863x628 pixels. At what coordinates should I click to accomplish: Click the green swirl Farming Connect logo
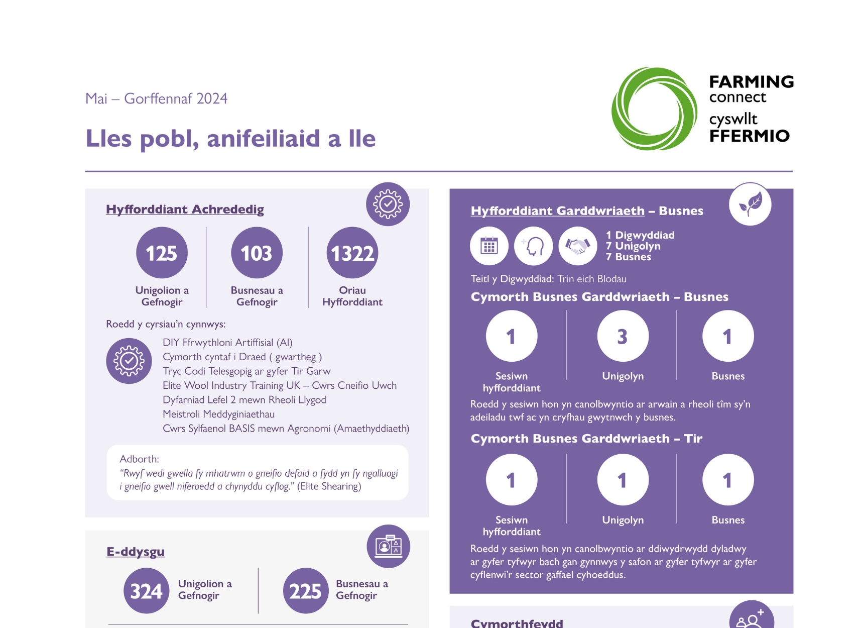654,109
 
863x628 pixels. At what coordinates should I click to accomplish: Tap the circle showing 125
162,253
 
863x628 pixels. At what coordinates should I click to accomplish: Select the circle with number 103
257,253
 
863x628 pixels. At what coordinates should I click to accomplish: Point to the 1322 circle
352,253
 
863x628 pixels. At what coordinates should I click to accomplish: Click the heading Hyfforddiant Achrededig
185,210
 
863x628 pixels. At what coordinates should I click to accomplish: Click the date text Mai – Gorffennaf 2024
156,98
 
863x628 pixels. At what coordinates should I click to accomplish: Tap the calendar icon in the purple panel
489,246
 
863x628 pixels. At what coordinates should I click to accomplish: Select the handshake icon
577,246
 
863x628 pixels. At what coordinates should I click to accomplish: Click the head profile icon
533,246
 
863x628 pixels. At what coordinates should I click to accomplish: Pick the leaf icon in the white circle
750,204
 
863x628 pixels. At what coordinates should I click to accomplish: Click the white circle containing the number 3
623,336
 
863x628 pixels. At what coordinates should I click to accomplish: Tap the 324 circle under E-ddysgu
146,591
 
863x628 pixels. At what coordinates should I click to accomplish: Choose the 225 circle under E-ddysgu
305,591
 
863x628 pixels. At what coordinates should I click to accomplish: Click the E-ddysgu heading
136,552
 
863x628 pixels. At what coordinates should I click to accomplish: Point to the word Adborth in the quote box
139,459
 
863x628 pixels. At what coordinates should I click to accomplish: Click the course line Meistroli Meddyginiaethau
218,414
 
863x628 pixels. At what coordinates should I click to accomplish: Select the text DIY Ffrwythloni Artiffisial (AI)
227,342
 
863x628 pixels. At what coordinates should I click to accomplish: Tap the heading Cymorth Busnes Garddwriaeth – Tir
586,439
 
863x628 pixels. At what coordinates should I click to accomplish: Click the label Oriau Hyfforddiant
352,296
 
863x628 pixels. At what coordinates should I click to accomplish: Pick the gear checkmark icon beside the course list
129,361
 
